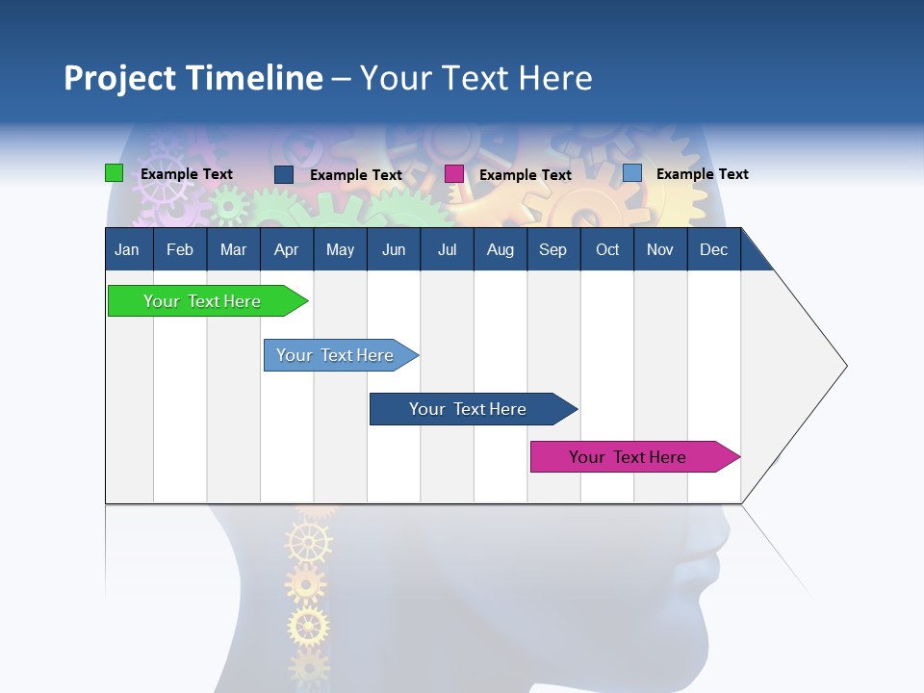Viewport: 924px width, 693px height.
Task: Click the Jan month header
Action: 127,250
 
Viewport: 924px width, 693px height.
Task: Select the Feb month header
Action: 180,250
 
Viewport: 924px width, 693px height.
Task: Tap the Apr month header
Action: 287,250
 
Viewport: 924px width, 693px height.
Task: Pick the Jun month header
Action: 394,250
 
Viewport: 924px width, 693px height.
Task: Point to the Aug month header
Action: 500,250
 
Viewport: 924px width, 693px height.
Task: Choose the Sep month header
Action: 553,250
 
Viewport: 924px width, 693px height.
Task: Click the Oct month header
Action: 607,250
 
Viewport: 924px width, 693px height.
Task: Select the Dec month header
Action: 714,250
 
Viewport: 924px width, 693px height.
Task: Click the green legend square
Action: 115,173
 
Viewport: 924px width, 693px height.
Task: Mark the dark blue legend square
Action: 284,174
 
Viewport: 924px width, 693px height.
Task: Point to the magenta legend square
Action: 454,174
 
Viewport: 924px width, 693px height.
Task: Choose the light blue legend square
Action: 632,173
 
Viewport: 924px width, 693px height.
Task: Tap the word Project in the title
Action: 120,78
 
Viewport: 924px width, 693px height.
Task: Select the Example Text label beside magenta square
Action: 526,175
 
